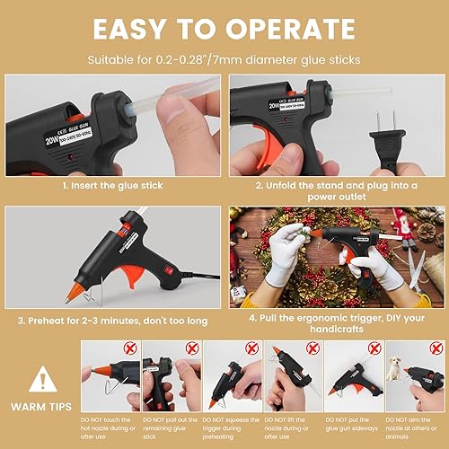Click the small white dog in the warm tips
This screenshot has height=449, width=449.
tap(394, 368)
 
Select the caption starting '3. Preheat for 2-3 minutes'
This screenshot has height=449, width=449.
tap(113, 319)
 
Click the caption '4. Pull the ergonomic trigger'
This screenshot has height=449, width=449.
tap(336, 319)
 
